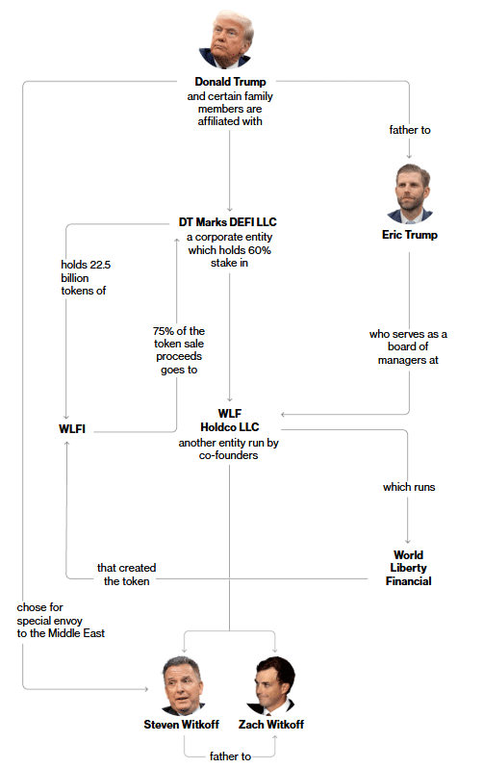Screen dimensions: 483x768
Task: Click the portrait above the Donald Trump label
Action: click(227, 40)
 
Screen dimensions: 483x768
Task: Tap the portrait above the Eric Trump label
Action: click(410, 194)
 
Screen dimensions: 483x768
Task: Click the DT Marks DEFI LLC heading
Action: click(227, 222)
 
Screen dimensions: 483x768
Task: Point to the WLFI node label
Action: click(72, 429)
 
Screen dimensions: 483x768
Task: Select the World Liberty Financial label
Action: click(409, 568)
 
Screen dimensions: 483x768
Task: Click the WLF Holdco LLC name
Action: click(229, 421)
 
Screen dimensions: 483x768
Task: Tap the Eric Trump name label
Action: click(410, 235)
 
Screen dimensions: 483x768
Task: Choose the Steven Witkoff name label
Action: click(181, 725)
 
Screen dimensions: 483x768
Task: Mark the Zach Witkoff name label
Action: click(271, 725)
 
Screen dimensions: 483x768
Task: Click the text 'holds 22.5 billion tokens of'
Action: click(86, 278)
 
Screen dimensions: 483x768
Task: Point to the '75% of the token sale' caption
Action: click(179, 338)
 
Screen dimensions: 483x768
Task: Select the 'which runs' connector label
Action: click(409, 487)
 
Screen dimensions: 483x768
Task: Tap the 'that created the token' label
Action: click(126, 575)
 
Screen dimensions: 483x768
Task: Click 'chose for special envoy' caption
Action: click(49, 614)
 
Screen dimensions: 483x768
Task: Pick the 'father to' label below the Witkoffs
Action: click(230, 756)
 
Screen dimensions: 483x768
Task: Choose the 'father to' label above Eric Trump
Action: click(410, 130)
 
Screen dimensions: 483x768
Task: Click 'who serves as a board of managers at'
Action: click(408, 346)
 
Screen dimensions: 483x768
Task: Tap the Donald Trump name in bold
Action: click(230, 82)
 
